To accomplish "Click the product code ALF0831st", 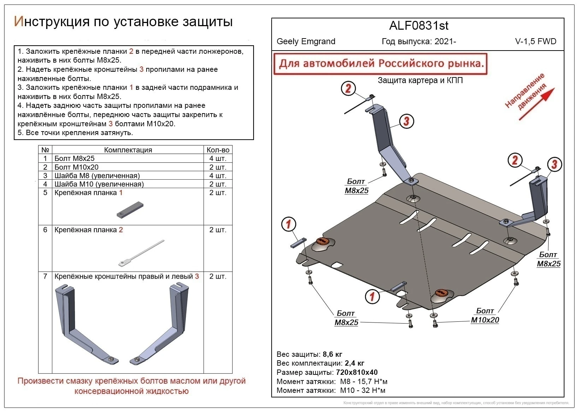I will [x=419, y=26].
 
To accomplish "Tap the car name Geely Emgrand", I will [x=306, y=41].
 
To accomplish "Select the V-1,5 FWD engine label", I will [x=535, y=41].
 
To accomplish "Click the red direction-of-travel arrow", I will [x=537, y=104].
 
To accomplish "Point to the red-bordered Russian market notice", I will [x=381, y=64].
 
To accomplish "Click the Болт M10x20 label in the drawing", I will [x=485, y=316].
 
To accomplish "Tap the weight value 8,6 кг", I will [x=332, y=354].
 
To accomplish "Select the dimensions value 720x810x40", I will [x=357, y=372].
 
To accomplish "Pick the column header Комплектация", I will [x=128, y=150].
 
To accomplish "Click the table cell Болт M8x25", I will [x=75, y=158].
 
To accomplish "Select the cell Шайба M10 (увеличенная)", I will [x=99, y=184].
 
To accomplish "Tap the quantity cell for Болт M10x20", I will [x=218, y=167].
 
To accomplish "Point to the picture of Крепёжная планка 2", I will [x=141, y=253].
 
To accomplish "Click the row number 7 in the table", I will [x=45, y=277].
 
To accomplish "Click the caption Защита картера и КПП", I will [x=420, y=80].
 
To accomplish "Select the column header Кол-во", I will [x=218, y=150].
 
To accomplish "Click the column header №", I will [x=45, y=150].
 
